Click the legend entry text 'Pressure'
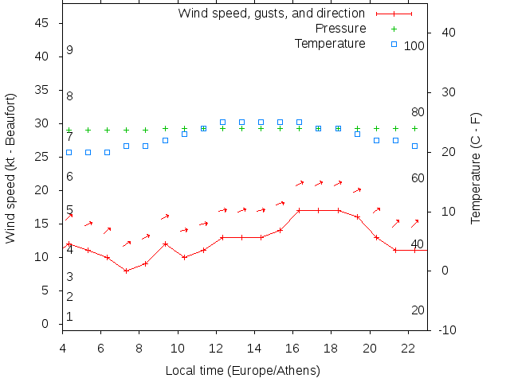(342, 29)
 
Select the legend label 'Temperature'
(330, 43)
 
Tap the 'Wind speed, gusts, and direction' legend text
(271, 14)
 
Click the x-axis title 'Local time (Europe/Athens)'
(242, 371)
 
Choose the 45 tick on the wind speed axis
(45, 23)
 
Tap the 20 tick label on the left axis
(45, 190)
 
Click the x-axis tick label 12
(216, 348)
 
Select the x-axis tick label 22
(409, 348)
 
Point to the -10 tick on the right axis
(447, 330)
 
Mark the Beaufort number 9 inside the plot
(70, 50)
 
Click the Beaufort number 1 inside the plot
(70, 317)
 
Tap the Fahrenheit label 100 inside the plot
(414, 46)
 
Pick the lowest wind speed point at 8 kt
(126, 271)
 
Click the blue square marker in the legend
(394, 43)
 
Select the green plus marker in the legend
(394, 29)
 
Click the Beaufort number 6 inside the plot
(70, 177)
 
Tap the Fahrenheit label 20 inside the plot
(418, 310)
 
